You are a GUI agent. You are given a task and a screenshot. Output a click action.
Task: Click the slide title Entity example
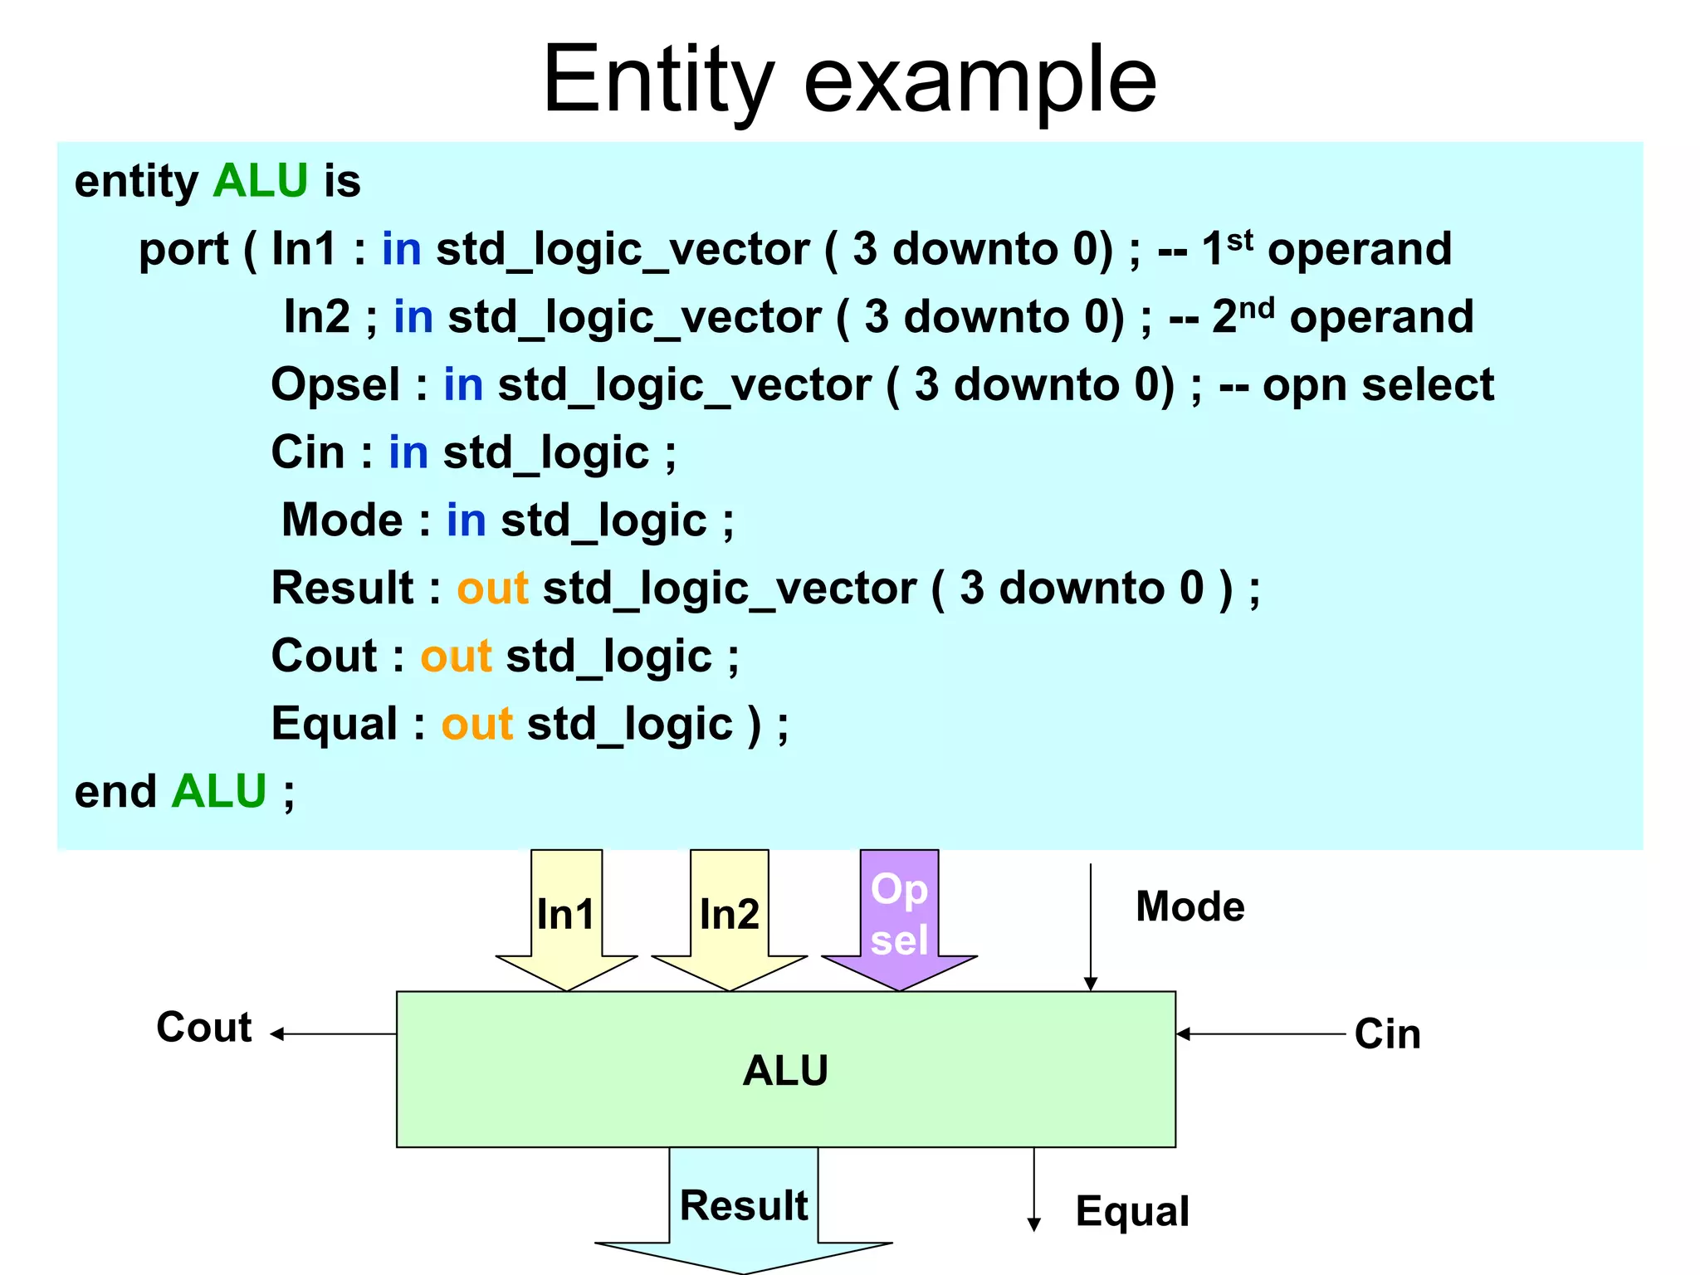pos(849,81)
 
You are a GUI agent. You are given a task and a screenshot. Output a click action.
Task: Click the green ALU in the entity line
pos(260,181)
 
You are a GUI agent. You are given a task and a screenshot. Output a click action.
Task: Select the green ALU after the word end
pos(218,791)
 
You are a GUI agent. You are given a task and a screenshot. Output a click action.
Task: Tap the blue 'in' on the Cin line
pos(408,453)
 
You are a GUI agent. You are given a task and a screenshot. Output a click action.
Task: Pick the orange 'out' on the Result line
pos(492,589)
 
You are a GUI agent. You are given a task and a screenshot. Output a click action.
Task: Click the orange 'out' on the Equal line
pos(476,724)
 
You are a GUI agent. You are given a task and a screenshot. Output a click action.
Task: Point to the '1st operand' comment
pos(1326,249)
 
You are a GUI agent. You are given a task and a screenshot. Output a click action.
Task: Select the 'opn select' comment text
pos(1378,385)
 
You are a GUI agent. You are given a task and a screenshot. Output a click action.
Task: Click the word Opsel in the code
pos(335,385)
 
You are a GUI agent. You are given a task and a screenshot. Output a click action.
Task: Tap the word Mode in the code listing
pos(342,520)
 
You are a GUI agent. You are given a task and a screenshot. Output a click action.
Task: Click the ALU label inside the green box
pos(785,1070)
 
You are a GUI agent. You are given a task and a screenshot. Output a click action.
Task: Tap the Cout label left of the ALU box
pos(204,1028)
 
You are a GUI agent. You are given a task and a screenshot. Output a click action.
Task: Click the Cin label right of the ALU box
pos(1387,1034)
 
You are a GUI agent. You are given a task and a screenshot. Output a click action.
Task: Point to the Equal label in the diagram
pos(1132,1211)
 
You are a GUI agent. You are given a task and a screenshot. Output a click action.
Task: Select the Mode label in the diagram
pos(1190,906)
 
